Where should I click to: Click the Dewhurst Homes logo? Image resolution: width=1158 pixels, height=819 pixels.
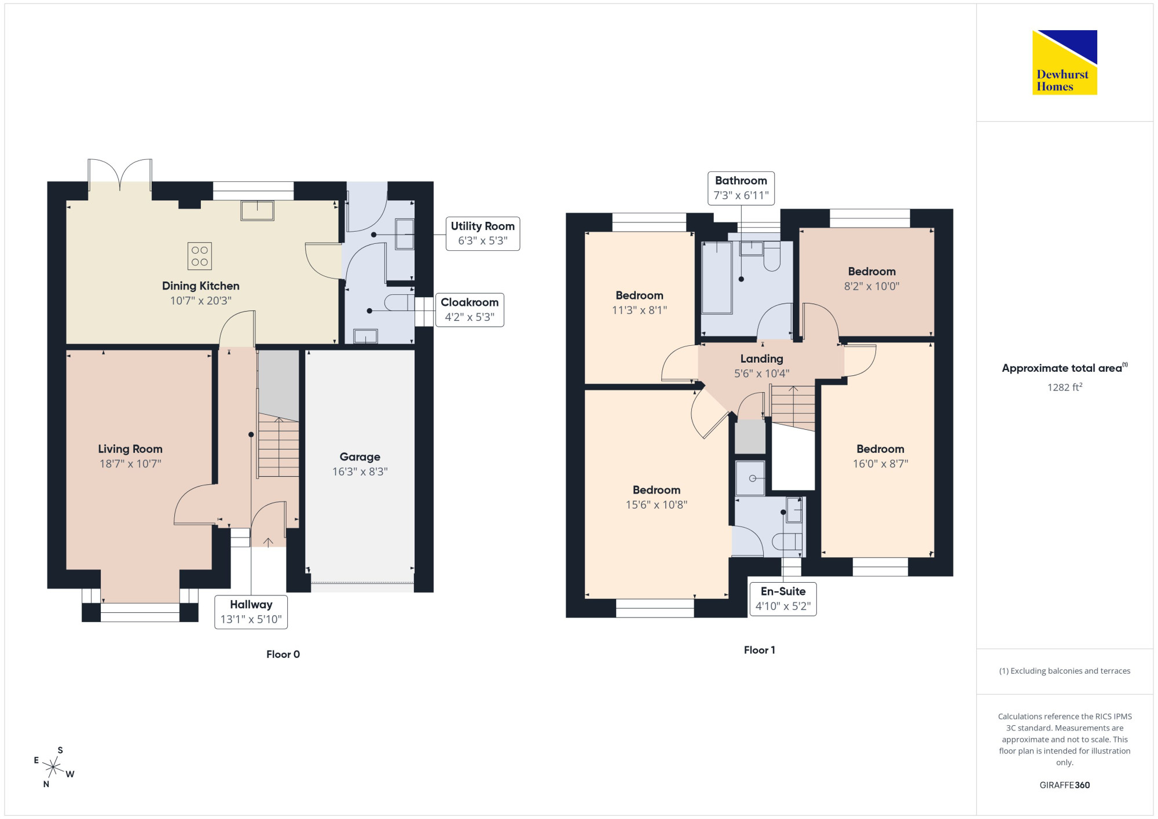[1064, 62]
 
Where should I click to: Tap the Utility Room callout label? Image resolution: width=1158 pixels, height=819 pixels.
[483, 233]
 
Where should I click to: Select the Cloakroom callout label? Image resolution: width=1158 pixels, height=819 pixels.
[470, 310]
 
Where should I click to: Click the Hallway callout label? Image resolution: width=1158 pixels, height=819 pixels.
[251, 612]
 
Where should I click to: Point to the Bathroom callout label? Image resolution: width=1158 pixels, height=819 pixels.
[741, 188]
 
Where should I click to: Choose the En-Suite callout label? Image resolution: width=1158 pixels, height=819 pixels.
[783, 599]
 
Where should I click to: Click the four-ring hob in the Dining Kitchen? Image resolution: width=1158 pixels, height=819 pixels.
[200, 256]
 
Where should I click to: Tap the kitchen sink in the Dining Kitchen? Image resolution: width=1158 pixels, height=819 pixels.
[258, 210]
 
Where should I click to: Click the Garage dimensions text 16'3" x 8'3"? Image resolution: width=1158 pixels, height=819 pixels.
[360, 471]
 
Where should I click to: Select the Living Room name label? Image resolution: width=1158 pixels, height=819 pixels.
[130, 449]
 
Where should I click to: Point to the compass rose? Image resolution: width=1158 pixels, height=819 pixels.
[53, 767]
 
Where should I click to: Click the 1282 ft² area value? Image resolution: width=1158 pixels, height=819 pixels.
[1065, 387]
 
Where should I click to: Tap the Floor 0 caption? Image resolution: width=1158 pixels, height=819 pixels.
[283, 654]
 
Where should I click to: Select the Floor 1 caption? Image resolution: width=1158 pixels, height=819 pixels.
[760, 650]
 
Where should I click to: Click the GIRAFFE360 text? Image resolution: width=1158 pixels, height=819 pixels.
[1065, 785]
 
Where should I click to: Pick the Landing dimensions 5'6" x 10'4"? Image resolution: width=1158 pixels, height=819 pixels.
[762, 374]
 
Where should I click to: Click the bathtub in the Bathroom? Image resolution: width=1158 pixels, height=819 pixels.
[717, 278]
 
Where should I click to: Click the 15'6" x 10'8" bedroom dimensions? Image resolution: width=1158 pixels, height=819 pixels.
[657, 504]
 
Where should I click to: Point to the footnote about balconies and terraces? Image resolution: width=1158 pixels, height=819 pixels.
[1065, 671]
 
